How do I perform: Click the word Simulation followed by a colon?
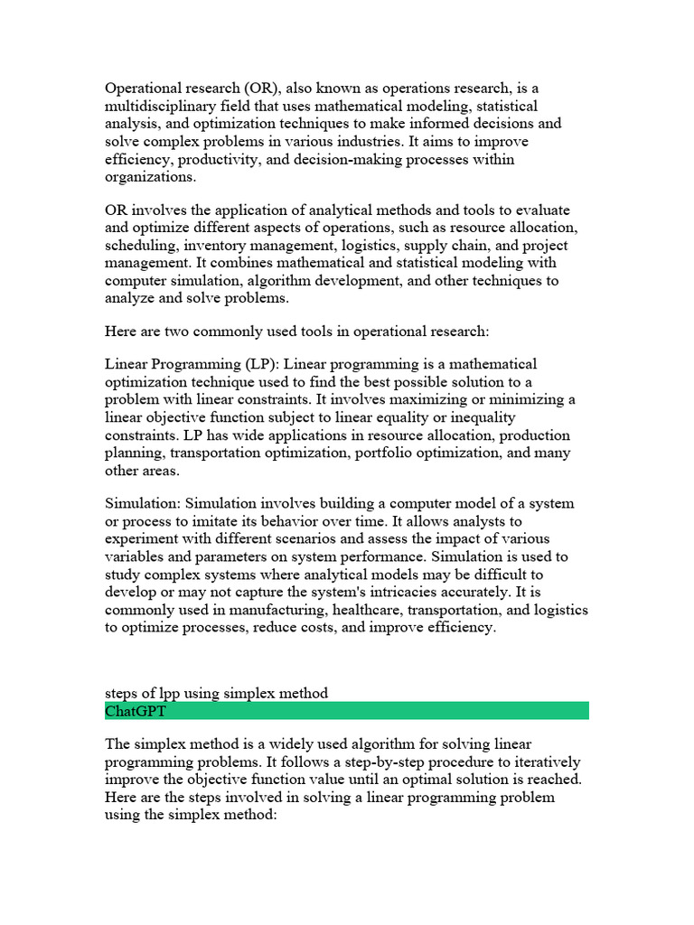[x=143, y=503]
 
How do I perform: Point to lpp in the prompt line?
[x=160, y=694]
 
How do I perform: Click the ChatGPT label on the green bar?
[x=136, y=711]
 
